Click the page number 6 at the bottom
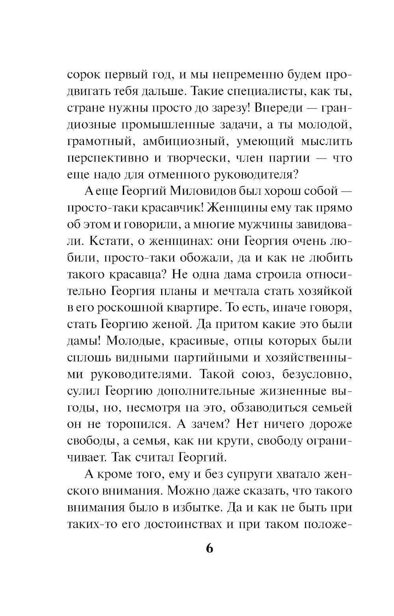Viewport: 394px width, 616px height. pyautogui.click(x=209, y=548)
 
